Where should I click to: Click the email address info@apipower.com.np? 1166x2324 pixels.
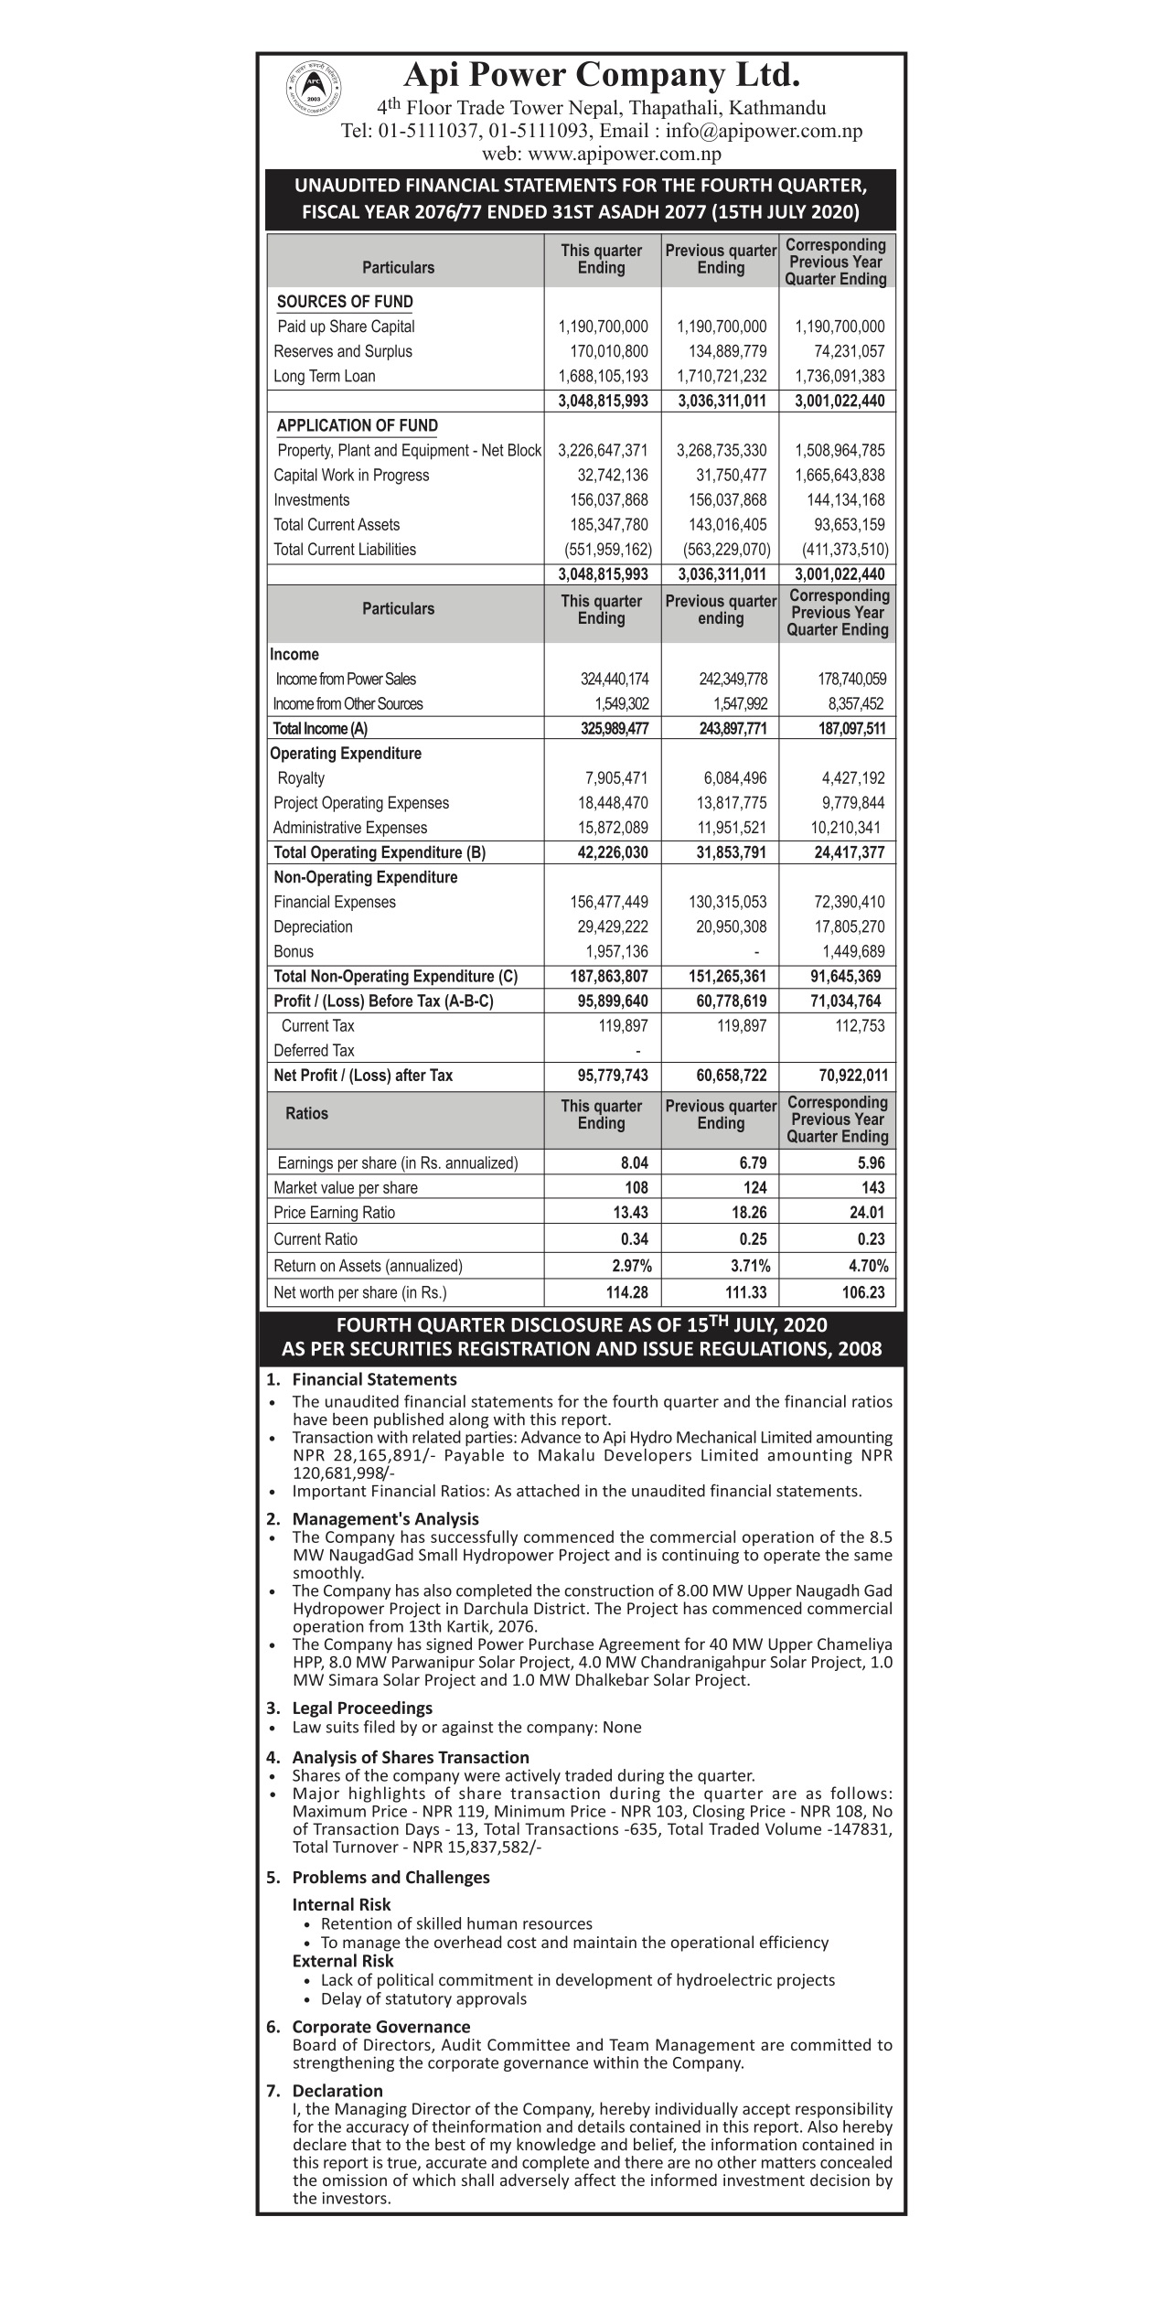point(764,131)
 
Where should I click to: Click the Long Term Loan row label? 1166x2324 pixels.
point(325,376)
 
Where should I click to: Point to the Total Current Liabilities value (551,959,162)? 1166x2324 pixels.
point(604,550)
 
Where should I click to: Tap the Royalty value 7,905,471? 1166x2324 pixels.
point(616,778)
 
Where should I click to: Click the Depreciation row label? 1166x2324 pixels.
point(313,926)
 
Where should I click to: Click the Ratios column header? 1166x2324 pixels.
point(306,1113)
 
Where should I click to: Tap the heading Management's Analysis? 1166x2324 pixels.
point(385,1519)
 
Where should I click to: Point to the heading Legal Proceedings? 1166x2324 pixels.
point(362,1708)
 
